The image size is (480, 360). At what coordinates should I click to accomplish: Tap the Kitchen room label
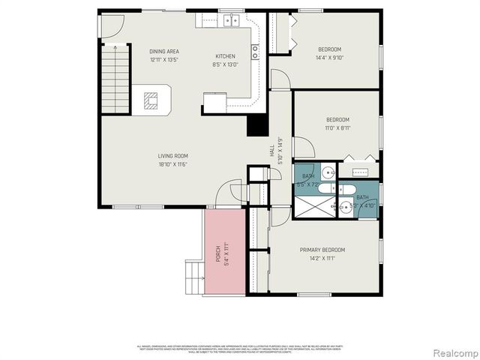[226, 56]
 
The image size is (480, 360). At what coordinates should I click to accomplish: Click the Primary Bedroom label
[322, 250]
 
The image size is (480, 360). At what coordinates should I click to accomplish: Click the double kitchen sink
[228, 21]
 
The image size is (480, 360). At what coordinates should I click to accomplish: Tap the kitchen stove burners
[255, 52]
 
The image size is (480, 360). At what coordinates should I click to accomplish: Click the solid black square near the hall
[258, 125]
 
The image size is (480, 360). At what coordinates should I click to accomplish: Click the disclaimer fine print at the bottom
[240, 349]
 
